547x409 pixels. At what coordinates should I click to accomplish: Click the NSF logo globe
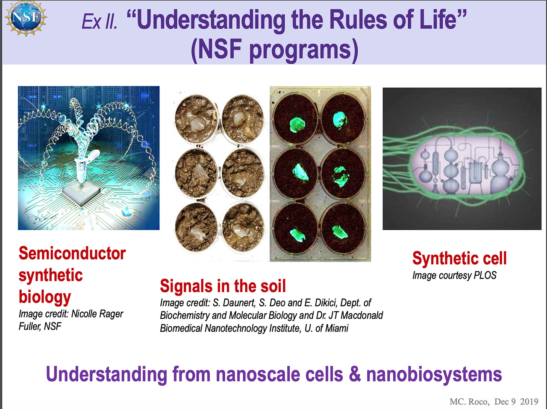click(x=26, y=18)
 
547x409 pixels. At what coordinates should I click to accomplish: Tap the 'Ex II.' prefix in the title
click(x=100, y=21)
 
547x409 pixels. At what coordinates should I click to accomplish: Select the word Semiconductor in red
click(x=72, y=253)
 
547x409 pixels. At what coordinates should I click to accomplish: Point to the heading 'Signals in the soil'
click(x=223, y=286)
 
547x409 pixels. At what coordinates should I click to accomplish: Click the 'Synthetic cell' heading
click(x=459, y=258)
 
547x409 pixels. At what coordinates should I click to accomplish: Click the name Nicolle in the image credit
click(x=84, y=314)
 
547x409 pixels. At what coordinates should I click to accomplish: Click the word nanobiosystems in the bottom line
click(x=434, y=374)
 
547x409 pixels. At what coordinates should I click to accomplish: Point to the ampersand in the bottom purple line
click(x=355, y=374)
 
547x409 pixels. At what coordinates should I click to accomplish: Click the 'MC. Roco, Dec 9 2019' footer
click(x=494, y=402)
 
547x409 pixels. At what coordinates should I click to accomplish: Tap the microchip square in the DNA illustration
click(x=81, y=193)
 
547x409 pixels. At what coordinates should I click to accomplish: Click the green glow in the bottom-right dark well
click(x=340, y=232)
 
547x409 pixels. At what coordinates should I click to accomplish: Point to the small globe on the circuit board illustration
click(x=127, y=212)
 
